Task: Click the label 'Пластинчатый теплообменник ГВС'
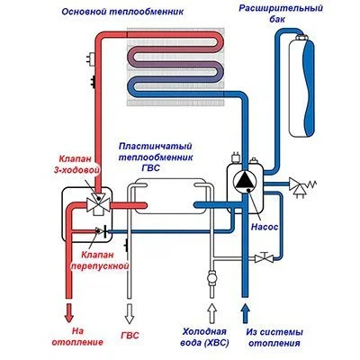point(162,152)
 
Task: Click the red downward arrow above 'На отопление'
point(67,312)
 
